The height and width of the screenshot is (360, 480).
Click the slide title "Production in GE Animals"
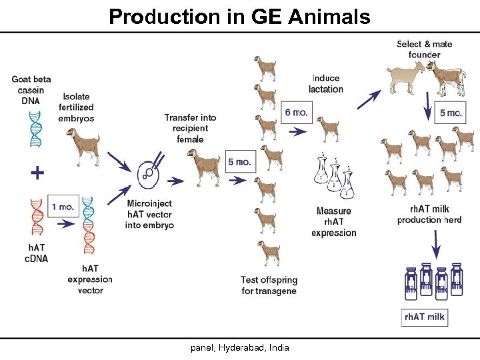pyautogui.click(x=239, y=17)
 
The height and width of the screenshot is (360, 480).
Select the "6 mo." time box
pyautogui.click(x=296, y=112)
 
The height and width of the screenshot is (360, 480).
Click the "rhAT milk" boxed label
pyautogui.click(x=425, y=317)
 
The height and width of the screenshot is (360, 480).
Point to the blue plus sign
pyautogui.click(x=39, y=173)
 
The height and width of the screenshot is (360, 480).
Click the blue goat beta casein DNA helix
pyautogui.click(x=35, y=129)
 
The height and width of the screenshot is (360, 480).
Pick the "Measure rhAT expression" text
pyautogui.click(x=333, y=222)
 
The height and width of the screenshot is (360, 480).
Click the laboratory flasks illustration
pyautogui.click(x=334, y=177)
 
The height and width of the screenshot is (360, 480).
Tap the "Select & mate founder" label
pyautogui.click(x=424, y=49)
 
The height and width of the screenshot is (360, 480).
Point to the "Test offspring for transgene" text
pyautogui.click(x=269, y=285)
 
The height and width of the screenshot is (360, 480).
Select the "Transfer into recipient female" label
pyautogui.click(x=191, y=128)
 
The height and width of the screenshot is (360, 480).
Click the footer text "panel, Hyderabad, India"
pyautogui.click(x=241, y=347)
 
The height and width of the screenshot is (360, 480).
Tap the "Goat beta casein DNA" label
pyautogui.click(x=31, y=89)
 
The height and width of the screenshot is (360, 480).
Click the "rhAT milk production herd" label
pyautogui.click(x=429, y=215)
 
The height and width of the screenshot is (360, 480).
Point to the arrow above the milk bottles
pyautogui.click(x=436, y=245)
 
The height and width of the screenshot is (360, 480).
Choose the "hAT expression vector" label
pyautogui.click(x=89, y=279)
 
